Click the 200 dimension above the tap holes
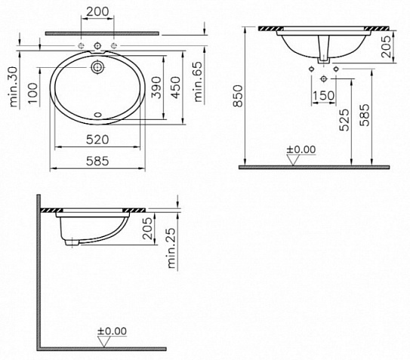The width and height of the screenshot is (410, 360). pos(97,11)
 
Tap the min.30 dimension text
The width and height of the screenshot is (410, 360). pos(14,87)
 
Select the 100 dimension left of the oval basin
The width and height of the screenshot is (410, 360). pos(33,94)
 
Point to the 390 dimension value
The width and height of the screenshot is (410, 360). pos(156,88)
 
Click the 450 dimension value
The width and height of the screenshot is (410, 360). pos(175,88)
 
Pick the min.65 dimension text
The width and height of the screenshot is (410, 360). pos(199,82)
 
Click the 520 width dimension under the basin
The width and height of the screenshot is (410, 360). pos(97,140)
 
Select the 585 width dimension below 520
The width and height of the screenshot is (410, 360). pos(97,161)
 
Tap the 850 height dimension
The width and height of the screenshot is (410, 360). pos(238,96)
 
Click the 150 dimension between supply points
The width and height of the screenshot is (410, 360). pos(323,95)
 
